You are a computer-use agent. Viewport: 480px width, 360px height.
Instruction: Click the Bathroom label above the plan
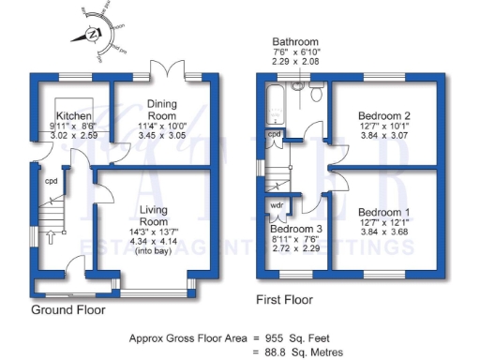[295, 43]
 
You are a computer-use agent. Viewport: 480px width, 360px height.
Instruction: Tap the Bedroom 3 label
[295, 229]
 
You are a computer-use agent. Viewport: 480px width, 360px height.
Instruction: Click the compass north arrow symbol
[92, 35]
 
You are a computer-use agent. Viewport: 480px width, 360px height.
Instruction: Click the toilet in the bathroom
[297, 86]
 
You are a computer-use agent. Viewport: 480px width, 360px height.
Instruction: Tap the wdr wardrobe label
[277, 203]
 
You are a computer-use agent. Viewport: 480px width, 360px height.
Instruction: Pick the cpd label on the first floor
[274, 135]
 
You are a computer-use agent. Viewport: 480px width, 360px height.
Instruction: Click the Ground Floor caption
[68, 309]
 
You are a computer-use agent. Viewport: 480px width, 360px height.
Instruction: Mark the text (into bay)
[153, 252]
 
